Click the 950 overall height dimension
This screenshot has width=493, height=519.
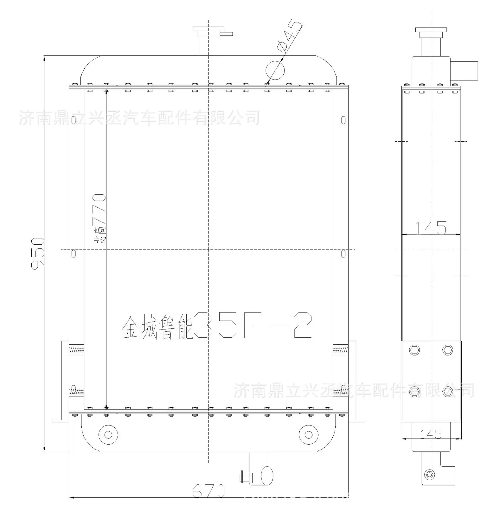pos(37,253)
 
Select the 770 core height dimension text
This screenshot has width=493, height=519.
pos(99,209)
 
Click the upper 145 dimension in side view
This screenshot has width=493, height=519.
pos(431,228)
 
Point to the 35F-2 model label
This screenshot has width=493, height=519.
pos(253,325)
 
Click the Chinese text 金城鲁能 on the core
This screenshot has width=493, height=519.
pos(157,327)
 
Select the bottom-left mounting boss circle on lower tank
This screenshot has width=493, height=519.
pos(108,435)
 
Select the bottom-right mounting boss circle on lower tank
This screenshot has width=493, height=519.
pos(308,435)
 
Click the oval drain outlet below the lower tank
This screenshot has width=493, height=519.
pos(267,475)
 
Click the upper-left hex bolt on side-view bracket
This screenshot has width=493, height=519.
pos(414,350)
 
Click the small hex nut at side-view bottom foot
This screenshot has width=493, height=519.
pos(429,475)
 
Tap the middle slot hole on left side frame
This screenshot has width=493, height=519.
pos(73,254)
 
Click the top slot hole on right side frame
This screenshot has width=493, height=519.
pos(343,120)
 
